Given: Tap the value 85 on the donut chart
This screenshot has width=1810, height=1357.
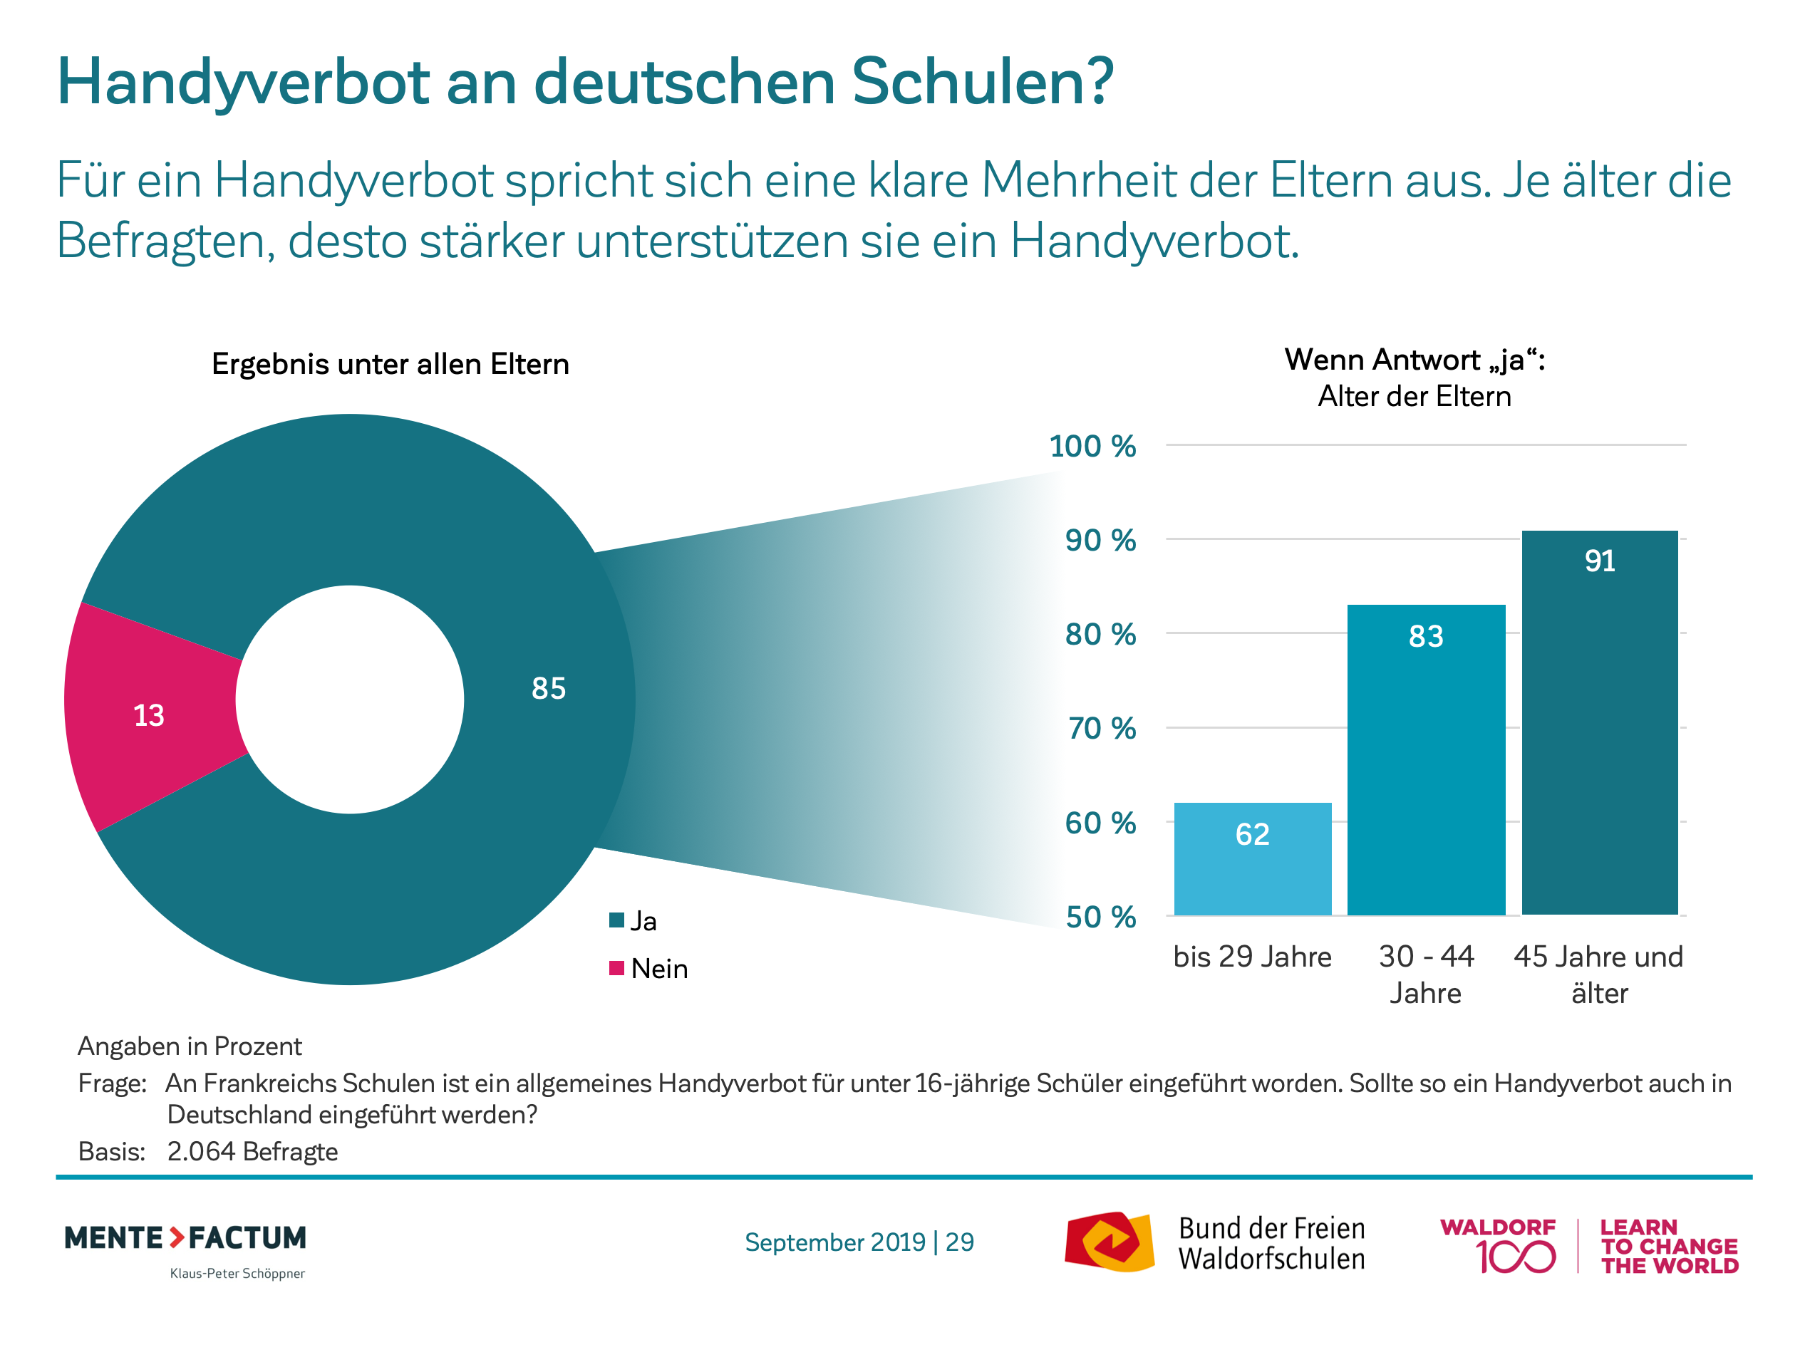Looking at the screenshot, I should (548, 688).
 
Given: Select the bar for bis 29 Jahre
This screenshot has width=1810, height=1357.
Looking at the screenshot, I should (1252, 858).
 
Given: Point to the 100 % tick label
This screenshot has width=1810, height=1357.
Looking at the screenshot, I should (1092, 447).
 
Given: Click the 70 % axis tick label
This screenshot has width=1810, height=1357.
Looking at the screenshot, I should (1100, 728).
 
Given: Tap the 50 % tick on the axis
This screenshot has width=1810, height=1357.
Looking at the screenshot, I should (1100, 917).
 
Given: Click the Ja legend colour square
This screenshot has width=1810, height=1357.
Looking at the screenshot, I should (617, 920).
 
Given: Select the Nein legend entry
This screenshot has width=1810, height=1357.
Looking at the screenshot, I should (658, 969).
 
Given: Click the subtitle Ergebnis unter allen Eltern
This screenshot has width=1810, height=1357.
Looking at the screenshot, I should (391, 364).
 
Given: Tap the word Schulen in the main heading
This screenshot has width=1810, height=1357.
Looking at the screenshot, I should (982, 82).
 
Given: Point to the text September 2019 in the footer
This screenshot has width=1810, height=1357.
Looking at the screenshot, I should (834, 1242).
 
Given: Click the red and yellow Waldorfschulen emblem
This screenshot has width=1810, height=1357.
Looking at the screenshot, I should (1109, 1242).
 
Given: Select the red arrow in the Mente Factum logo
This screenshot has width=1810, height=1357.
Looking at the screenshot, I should (177, 1237).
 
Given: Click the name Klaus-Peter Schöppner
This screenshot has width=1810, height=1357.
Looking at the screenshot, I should (237, 1273).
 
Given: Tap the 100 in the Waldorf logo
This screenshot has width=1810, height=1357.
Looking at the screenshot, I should (1516, 1257).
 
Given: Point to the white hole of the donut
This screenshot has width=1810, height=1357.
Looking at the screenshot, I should (350, 700).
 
